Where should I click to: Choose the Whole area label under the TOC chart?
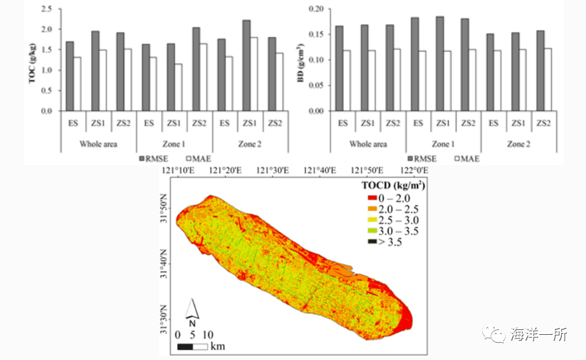pyautogui.click(x=98, y=144)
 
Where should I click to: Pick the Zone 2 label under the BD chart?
pyautogui.click(x=518, y=144)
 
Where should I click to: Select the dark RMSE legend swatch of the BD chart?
pyautogui.click(x=410, y=159)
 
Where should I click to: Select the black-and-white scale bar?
pyautogui.click(x=192, y=346)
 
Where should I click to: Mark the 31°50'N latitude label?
pyautogui.click(x=166, y=211)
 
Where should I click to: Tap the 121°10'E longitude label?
pyautogui.click(x=178, y=171)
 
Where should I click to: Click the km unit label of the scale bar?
pyautogui.click(x=218, y=346)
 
